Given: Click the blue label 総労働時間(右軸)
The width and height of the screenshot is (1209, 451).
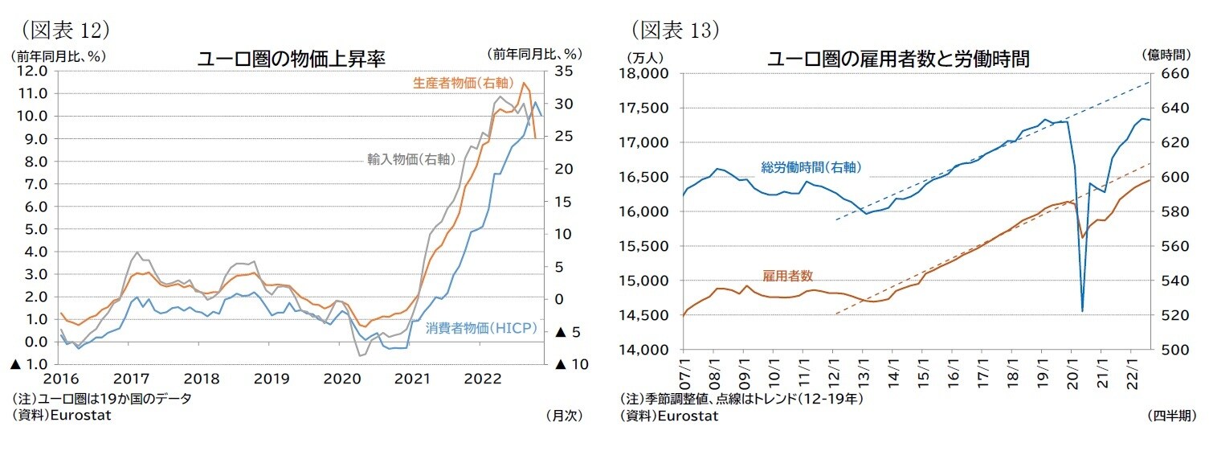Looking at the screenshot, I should click(811, 167).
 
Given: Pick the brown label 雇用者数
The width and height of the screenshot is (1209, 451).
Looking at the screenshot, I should click(787, 275).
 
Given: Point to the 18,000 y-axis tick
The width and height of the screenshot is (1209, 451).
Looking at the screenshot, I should click(646, 74).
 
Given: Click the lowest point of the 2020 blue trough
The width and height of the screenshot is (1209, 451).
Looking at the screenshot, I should click(1082, 311).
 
